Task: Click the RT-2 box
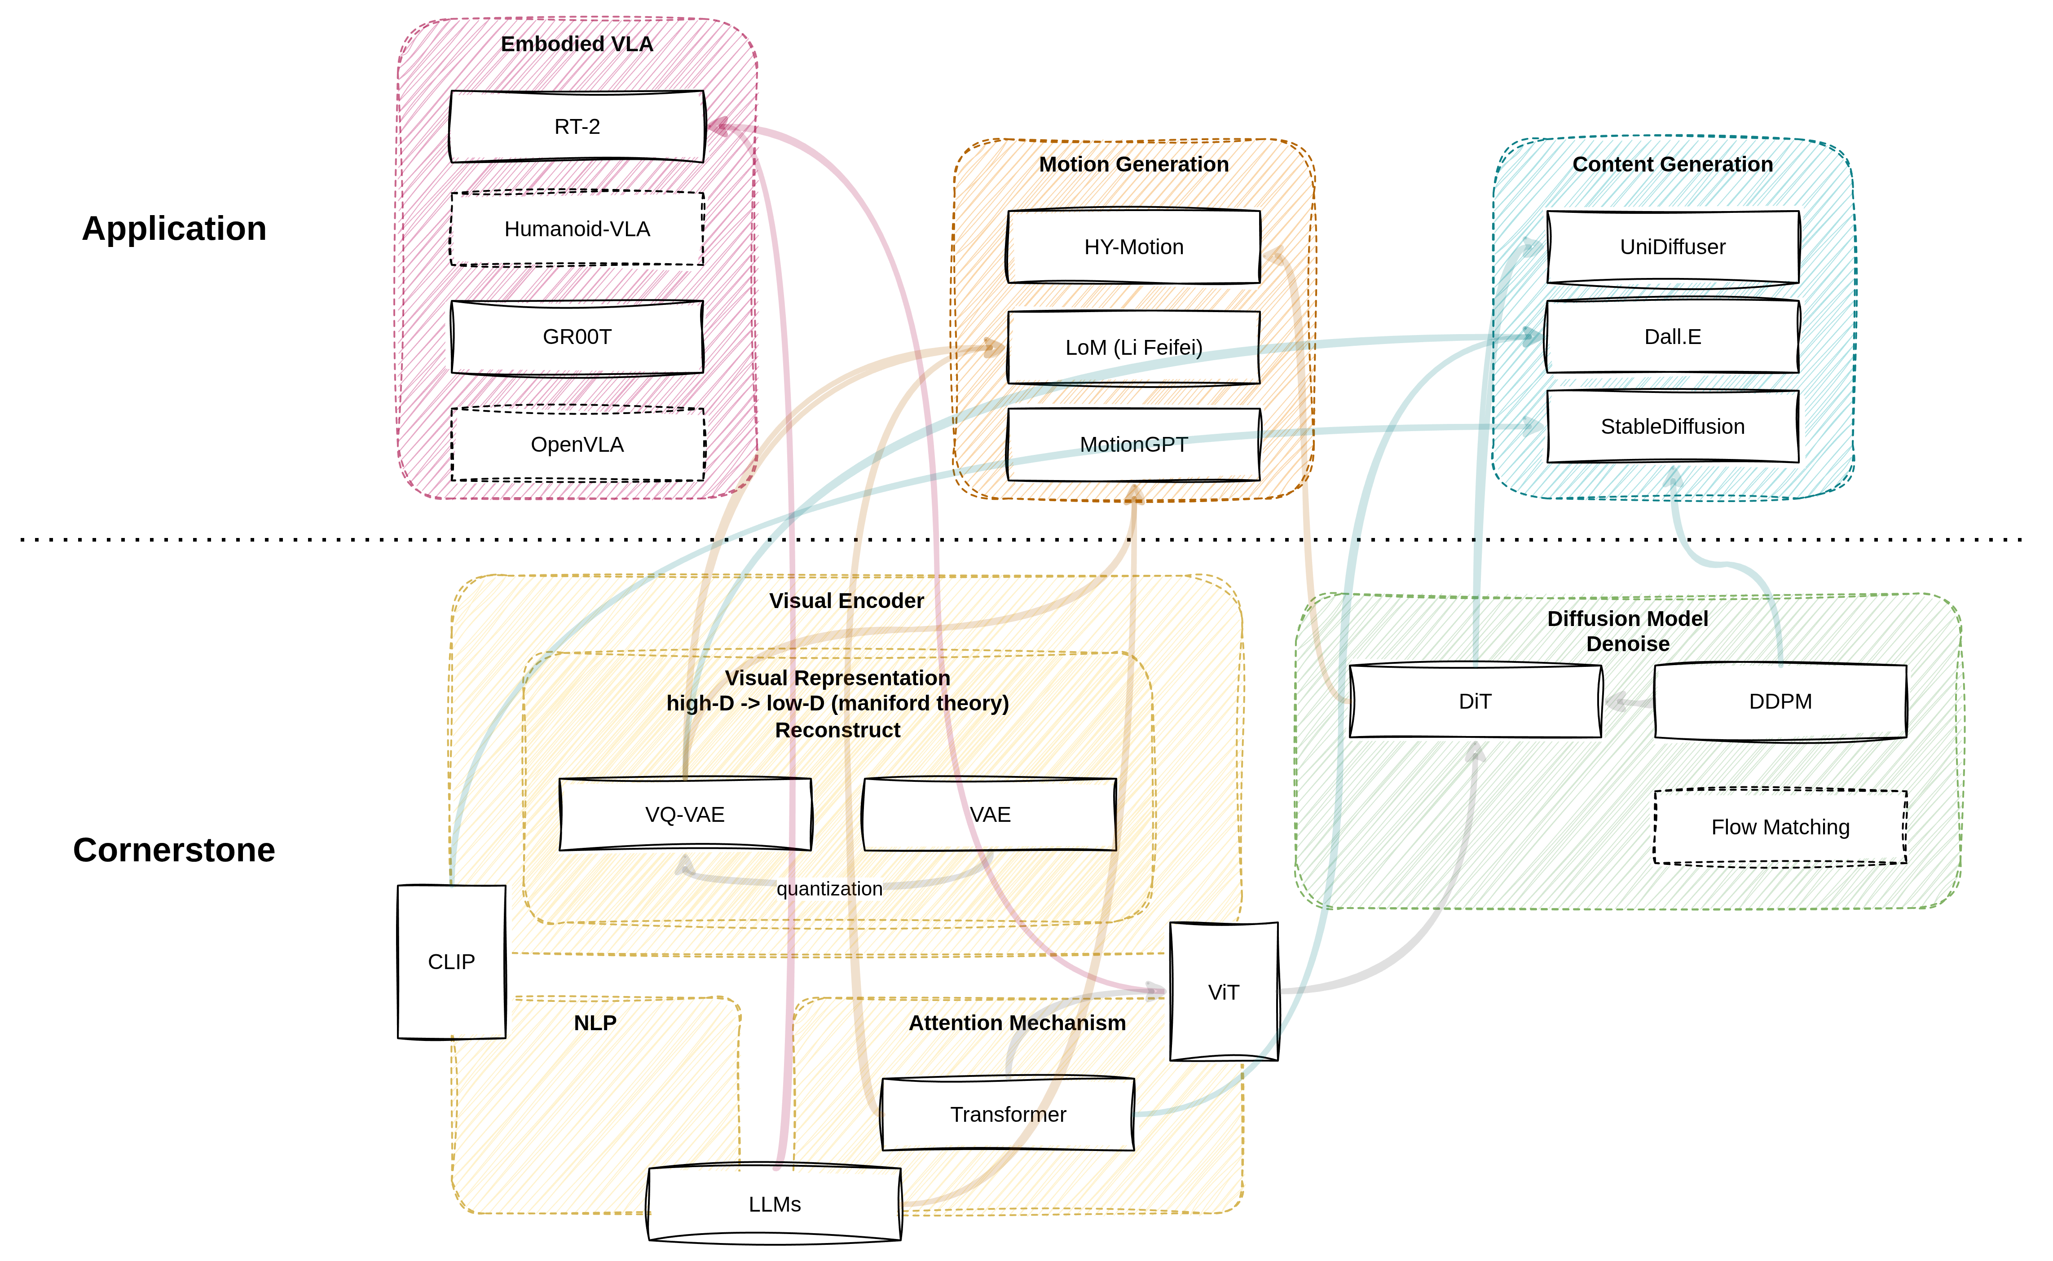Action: click(x=577, y=126)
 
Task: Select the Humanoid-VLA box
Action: click(x=577, y=229)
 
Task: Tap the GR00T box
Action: click(x=577, y=337)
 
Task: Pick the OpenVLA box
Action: click(x=577, y=445)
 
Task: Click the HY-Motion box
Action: click(x=1134, y=247)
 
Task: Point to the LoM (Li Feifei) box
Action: click(x=1134, y=347)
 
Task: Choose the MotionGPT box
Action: click(x=1134, y=445)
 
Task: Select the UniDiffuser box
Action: click(x=1673, y=247)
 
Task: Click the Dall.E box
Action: click(x=1673, y=337)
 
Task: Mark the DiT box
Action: click(x=1474, y=701)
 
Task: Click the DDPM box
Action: click(x=1780, y=701)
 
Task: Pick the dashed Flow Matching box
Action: click(x=1780, y=827)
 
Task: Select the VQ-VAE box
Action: click(x=685, y=815)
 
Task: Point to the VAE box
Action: click(x=990, y=815)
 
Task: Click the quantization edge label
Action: click(x=830, y=889)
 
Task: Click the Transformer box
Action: click(x=1008, y=1114)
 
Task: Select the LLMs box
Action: click(x=775, y=1204)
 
